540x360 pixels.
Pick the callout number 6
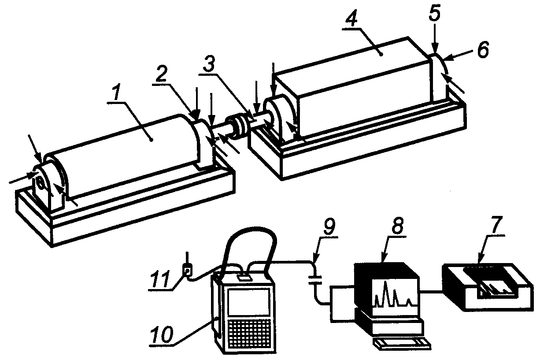click(x=483, y=50)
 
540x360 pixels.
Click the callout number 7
click(x=496, y=224)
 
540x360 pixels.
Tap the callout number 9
click(x=329, y=227)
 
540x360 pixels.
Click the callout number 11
click(x=160, y=279)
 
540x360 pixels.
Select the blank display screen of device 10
click(x=248, y=302)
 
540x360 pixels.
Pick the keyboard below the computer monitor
click(x=401, y=343)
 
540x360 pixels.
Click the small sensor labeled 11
click(x=188, y=269)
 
